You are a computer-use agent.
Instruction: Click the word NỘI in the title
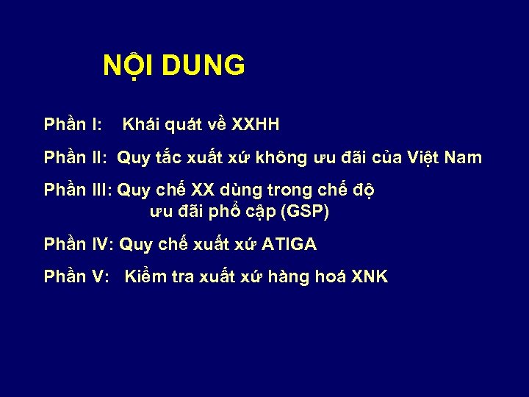tap(129, 66)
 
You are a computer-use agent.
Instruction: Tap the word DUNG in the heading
tap(204, 66)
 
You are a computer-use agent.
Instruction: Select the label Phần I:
tap(73, 124)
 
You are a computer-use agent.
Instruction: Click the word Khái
tap(143, 124)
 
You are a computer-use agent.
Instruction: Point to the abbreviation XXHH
tap(255, 124)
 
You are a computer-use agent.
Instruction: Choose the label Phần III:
tap(78, 190)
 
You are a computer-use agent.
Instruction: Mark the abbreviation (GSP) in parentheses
tap(305, 212)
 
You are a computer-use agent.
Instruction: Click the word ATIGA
tap(289, 244)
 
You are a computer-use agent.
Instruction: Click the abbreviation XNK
tap(370, 277)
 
